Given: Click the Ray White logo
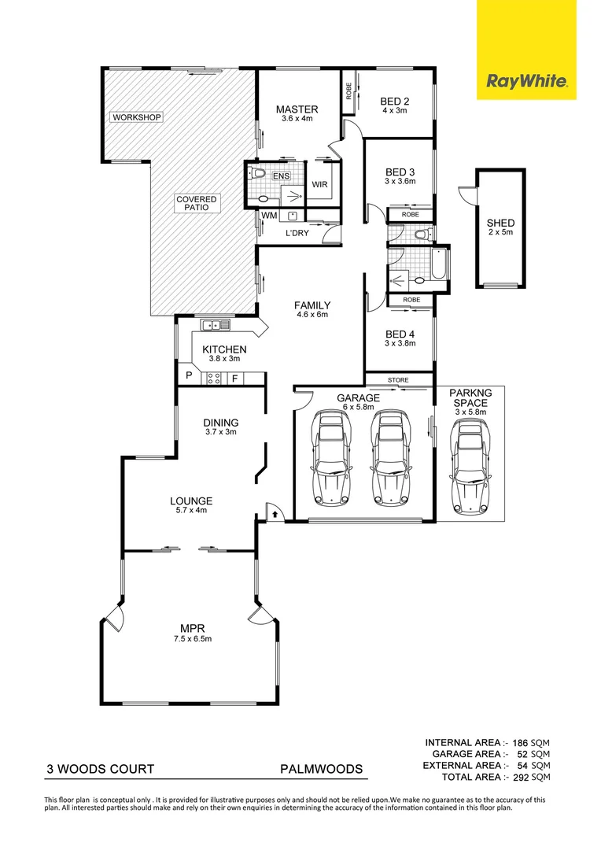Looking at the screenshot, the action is (x=526, y=82).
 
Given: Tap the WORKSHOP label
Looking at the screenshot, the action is (x=137, y=117).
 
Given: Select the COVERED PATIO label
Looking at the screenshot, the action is (x=196, y=203).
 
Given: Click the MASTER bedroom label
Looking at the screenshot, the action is (x=297, y=109).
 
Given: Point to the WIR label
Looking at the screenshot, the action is (x=319, y=184).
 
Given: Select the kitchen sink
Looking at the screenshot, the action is (x=215, y=325).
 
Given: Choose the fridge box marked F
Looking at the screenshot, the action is (x=234, y=379).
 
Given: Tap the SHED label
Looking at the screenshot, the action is (x=500, y=223).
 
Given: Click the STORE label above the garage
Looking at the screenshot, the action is (x=398, y=380).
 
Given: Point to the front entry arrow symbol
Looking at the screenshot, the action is (x=275, y=513).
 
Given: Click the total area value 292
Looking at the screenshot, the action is (x=520, y=777).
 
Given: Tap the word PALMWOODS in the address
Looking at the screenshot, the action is (x=322, y=769).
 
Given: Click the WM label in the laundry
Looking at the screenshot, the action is (x=269, y=216).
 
